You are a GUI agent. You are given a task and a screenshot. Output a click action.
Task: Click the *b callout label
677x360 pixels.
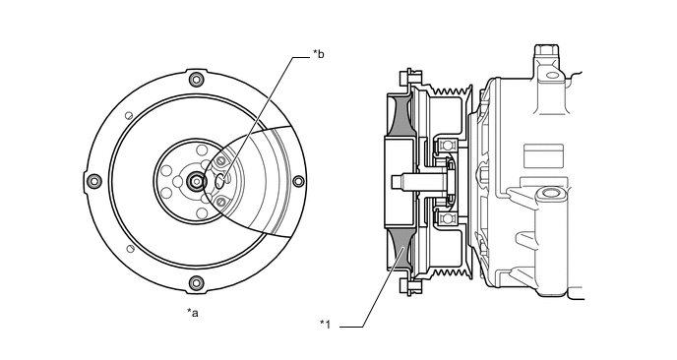click(x=319, y=54)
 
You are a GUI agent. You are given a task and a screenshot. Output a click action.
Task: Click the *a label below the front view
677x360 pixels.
click(x=193, y=313)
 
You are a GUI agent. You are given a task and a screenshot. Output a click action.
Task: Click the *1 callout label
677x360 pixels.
click(x=325, y=325)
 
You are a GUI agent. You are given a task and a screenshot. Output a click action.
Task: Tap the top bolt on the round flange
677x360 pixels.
click(x=197, y=80)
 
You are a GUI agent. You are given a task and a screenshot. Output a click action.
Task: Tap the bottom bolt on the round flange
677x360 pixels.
click(x=196, y=283)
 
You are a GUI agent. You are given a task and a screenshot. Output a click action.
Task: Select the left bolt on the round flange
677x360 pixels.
click(x=94, y=181)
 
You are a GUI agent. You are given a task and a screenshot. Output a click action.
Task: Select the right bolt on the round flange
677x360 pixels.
click(x=298, y=181)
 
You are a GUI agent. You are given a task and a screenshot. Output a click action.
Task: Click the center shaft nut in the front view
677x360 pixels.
click(x=198, y=181)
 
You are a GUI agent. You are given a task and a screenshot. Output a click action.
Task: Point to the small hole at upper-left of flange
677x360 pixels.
click(x=128, y=116)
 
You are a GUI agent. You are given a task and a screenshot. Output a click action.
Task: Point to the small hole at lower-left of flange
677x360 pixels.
click(x=130, y=249)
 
